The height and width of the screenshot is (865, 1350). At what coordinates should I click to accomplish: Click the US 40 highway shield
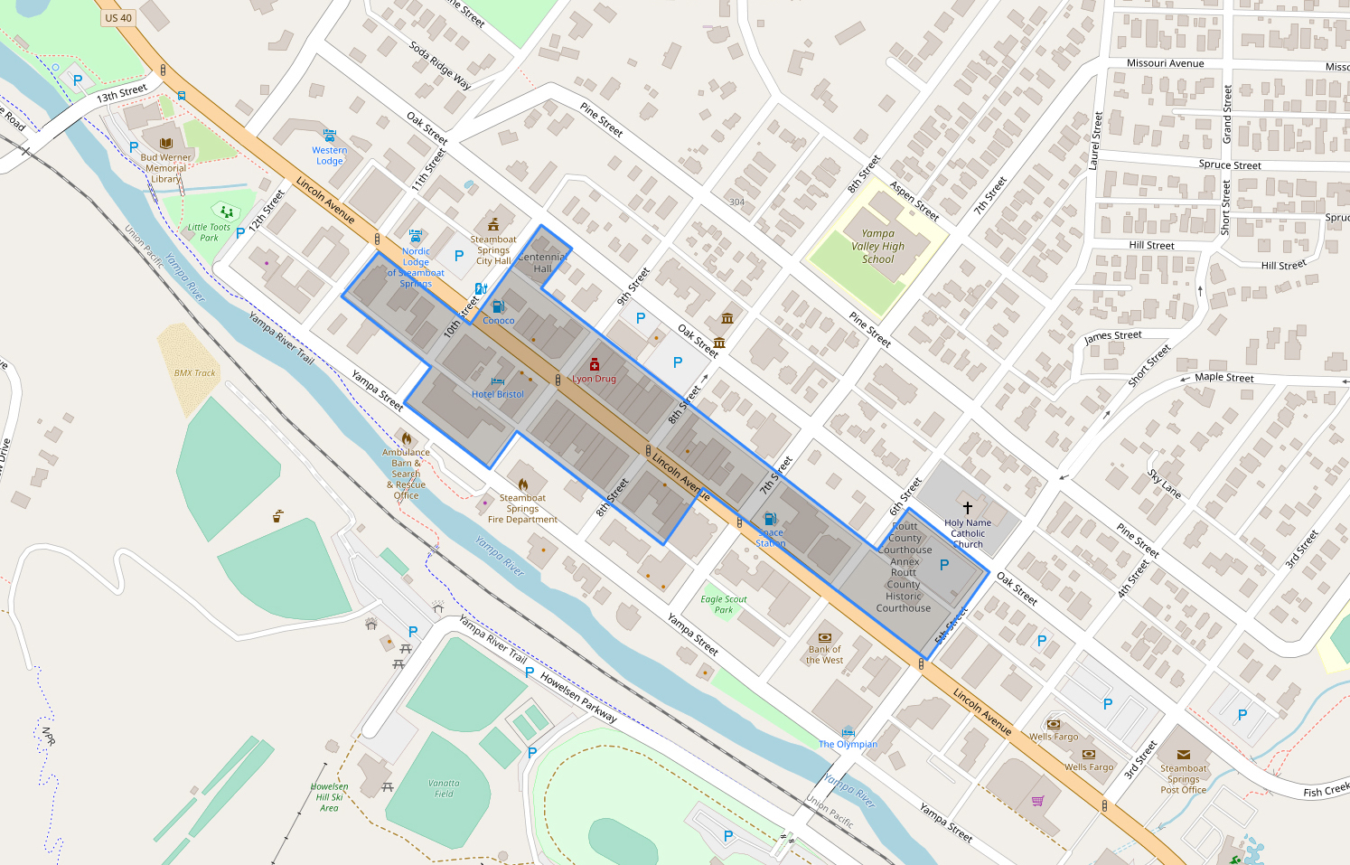click(118, 17)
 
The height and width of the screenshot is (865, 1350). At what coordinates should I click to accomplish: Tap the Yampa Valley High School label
click(877, 246)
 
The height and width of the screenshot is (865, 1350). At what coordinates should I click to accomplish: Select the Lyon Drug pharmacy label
click(594, 379)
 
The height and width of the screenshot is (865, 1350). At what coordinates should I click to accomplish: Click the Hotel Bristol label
click(497, 394)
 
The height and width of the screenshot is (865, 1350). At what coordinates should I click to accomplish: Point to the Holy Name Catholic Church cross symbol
click(968, 508)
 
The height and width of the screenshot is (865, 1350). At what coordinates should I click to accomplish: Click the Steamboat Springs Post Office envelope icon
click(1183, 754)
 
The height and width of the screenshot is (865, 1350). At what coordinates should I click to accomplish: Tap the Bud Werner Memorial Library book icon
click(166, 143)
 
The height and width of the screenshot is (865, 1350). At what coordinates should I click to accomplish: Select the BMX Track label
click(195, 372)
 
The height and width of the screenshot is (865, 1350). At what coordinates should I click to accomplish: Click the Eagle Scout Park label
click(724, 604)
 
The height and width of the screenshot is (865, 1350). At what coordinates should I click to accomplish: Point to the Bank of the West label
click(824, 654)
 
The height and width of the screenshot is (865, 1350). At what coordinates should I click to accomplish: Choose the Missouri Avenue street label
click(1165, 63)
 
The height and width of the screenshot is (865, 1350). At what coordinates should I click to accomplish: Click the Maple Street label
click(1224, 377)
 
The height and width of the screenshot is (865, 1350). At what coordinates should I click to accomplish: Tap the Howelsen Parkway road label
click(578, 697)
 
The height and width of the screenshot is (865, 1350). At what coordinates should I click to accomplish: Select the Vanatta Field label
click(444, 788)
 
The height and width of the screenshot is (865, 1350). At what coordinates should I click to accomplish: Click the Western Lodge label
click(330, 155)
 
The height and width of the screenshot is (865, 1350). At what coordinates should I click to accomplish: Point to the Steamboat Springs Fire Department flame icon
click(523, 484)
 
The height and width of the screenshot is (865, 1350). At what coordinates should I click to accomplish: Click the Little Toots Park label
click(209, 232)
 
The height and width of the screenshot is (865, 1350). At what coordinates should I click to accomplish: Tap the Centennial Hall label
click(542, 262)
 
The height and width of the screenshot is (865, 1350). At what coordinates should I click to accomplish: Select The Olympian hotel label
click(848, 744)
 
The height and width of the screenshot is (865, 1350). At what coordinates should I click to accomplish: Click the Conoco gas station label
click(499, 320)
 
